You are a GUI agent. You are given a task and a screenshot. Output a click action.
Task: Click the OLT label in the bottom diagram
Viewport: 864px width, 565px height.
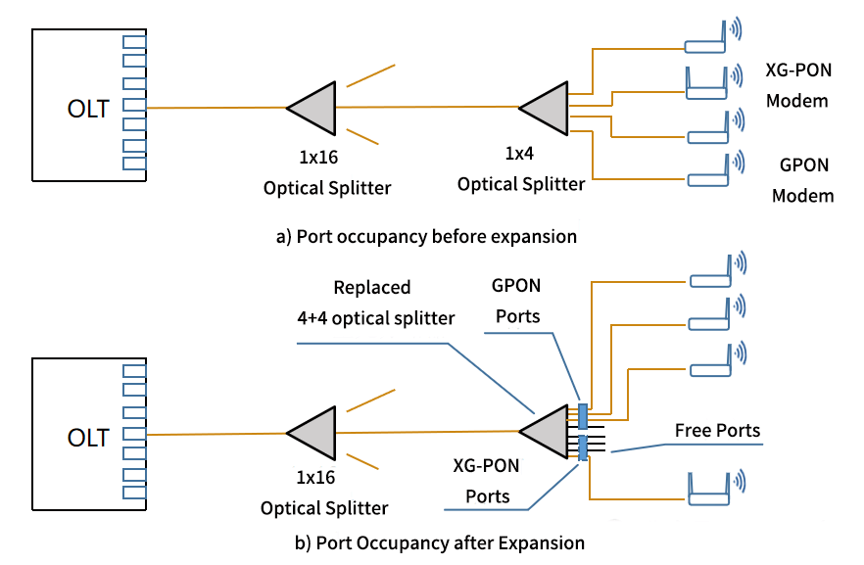[88, 437]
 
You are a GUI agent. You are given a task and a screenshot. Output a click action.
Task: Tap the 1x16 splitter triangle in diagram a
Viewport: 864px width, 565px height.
[312, 108]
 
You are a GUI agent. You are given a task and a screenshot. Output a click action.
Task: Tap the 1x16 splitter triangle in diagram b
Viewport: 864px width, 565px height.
[311, 434]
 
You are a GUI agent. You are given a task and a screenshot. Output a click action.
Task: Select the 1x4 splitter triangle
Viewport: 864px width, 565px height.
[545, 107]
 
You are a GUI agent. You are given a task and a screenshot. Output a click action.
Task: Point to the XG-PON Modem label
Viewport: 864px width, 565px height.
[796, 86]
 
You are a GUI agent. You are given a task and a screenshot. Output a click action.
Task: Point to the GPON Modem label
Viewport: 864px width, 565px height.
[802, 180]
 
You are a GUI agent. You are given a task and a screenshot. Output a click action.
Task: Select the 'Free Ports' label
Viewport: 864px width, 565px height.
[717, 431]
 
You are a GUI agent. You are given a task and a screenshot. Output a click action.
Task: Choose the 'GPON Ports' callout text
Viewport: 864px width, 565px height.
[516, 300]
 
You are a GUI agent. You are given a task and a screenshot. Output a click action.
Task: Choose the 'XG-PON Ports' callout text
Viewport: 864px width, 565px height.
[487, 480]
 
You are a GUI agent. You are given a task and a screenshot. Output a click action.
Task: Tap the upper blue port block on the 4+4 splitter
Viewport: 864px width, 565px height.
[583, 414]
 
